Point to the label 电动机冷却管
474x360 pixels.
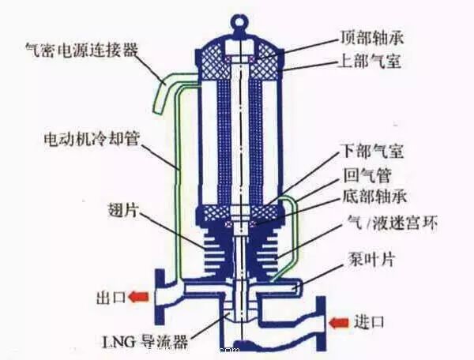91,137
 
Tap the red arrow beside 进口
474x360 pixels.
339,322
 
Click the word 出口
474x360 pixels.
109,298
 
